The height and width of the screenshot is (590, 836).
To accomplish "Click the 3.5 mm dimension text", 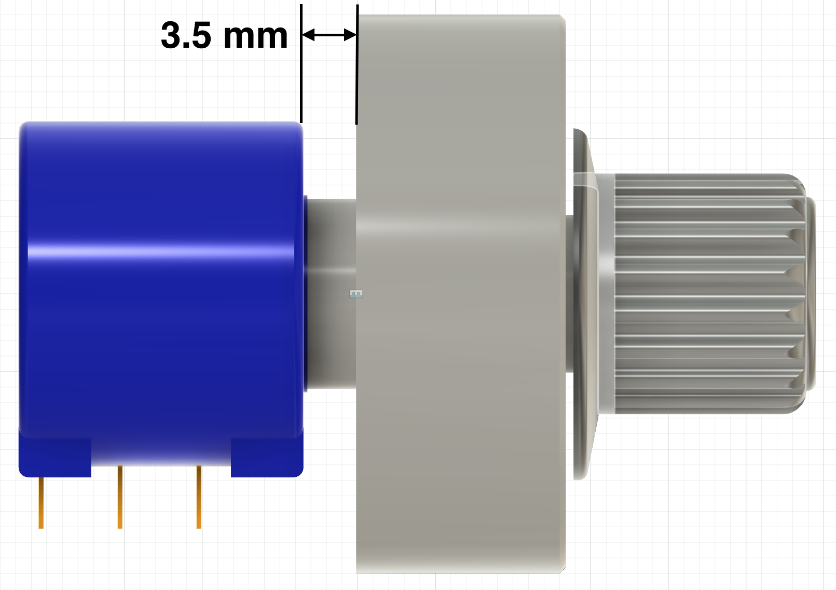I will tap(224, 36).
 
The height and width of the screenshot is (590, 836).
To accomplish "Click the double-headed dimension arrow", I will tap(329, 35).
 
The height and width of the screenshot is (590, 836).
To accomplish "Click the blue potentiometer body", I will tap(161, 311).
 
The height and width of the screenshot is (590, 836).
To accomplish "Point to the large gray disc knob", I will tap(461, 311).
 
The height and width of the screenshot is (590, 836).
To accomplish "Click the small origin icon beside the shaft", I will tap(356, 294).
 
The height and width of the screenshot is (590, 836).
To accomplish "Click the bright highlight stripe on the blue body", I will tap(161, 253).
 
